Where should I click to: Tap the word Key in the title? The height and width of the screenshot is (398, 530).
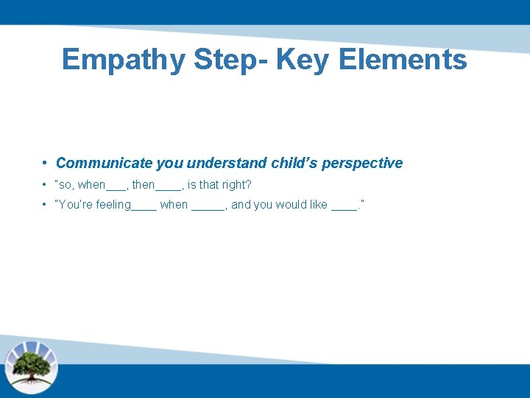point(305,60)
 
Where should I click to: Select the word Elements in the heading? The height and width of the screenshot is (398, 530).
point(403,60)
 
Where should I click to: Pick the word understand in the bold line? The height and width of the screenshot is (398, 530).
point(227,163)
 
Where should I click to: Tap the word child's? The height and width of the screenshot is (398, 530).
point(295,163)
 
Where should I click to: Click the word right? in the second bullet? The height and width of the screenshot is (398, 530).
point(236,185)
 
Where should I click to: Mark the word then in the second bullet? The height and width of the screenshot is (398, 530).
point(144,185)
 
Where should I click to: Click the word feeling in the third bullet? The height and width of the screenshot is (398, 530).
point(113,205)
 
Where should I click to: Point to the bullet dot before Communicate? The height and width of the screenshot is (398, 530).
point(45,163)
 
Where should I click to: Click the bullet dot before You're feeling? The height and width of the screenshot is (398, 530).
point(45,205)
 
